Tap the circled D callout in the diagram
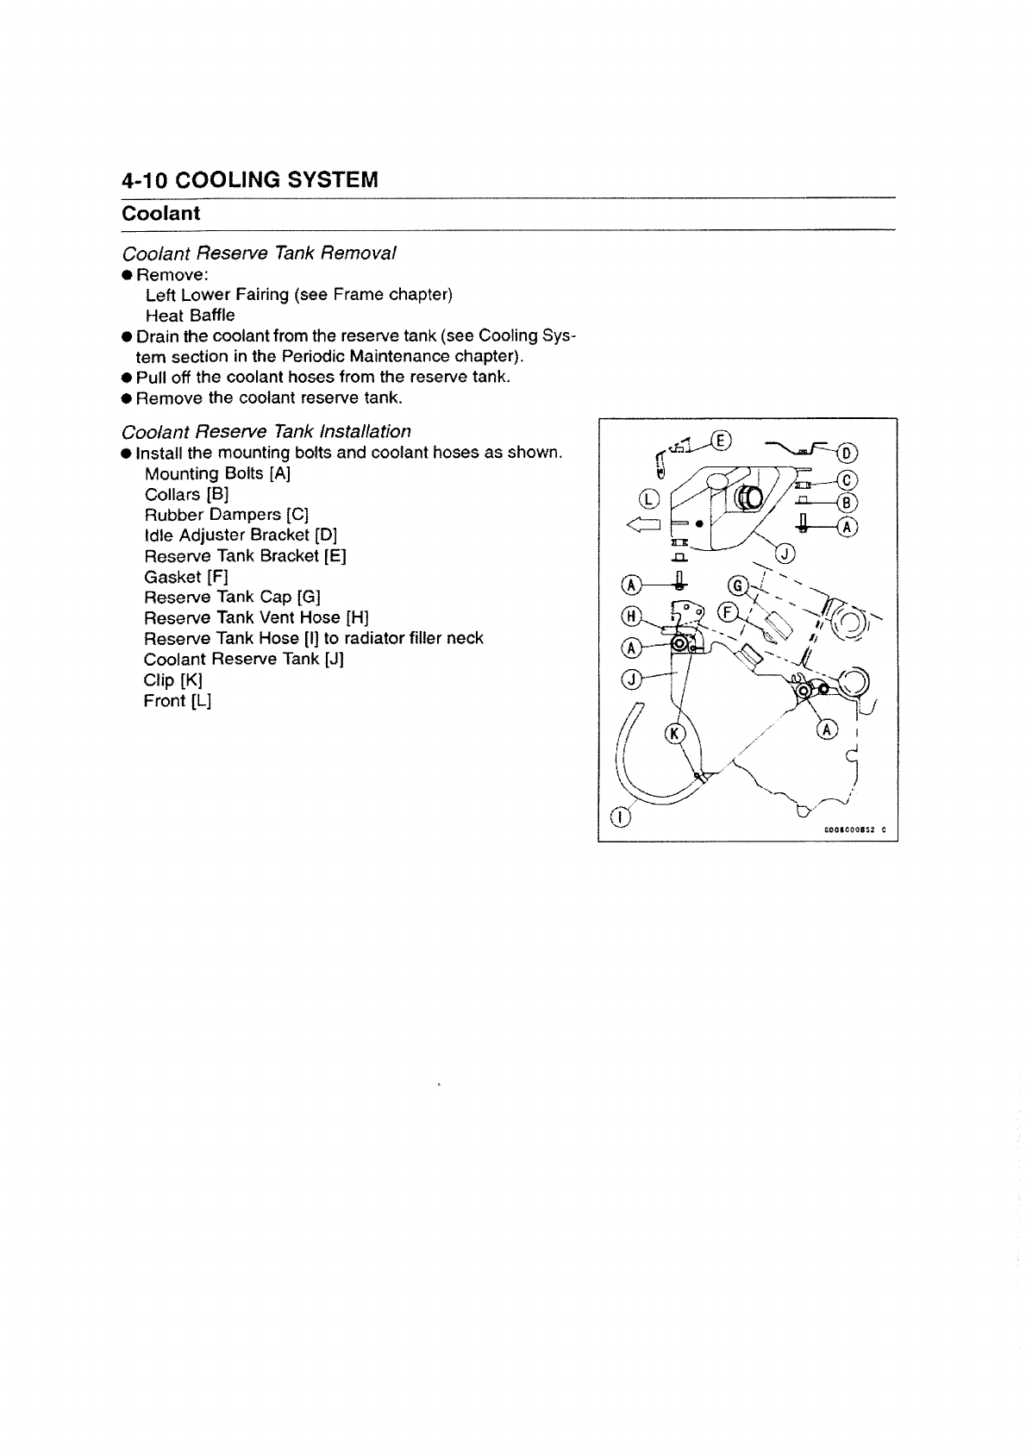click(x=848, y=453)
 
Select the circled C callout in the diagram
click(x=848, y=480)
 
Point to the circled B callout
click(x=848, y=503)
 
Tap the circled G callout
click(x=737, y=585)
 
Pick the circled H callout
click(x=631, y=616)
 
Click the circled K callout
click(x=674, y=734)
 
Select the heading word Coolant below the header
click(x=160, y=213)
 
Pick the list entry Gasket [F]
click(x=186, y=576)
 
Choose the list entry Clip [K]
click(x=172, y=679)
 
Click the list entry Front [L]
click(x=177, y=700)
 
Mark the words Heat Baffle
click(x=190, y=315)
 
